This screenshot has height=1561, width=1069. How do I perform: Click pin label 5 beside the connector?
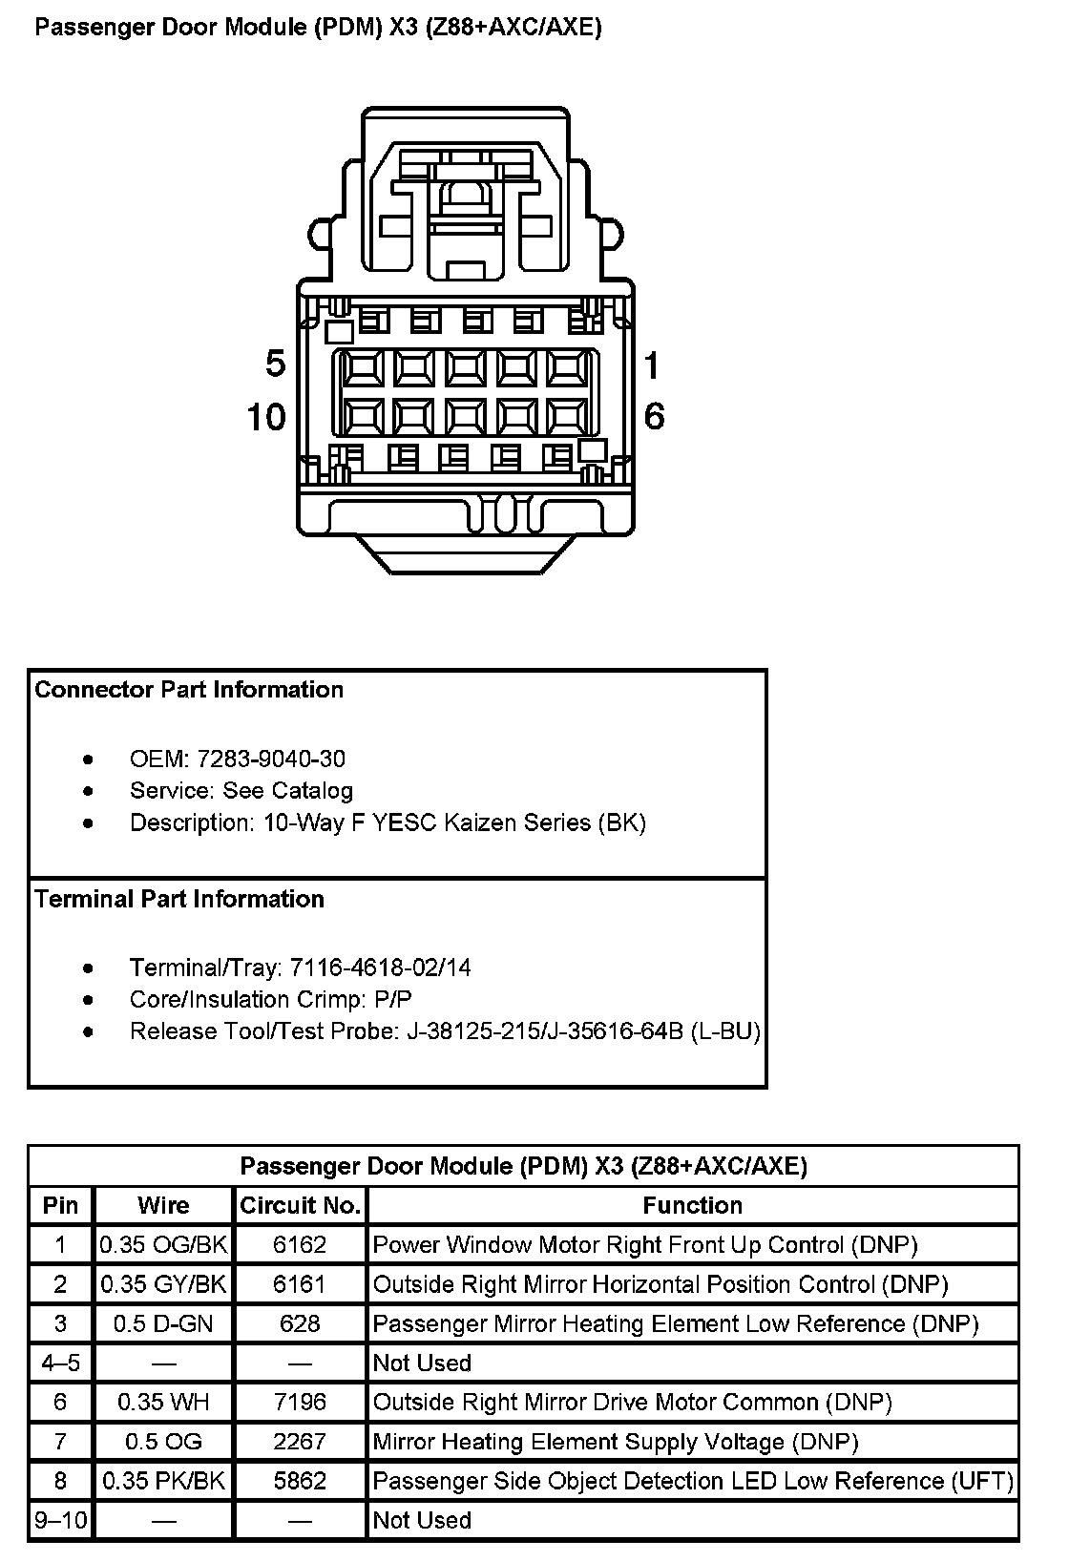(276, 364)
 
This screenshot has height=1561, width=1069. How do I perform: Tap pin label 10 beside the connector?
(266, 417)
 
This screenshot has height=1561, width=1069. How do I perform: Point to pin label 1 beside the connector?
(653, 364)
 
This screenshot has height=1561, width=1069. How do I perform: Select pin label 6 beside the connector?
(654, 416)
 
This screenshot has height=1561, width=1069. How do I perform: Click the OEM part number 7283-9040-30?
(271, 759)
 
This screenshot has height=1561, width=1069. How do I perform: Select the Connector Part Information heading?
(189, 690)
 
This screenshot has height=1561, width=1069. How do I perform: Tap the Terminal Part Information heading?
(179, 899)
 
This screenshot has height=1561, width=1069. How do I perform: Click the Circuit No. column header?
(300, 1205)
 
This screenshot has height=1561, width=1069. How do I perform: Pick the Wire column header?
(163, 1205)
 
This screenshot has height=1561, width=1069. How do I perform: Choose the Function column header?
(692, 1205)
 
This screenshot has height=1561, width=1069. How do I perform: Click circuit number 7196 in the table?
(300, 1402)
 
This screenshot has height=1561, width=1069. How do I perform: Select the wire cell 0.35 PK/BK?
(164, 1481)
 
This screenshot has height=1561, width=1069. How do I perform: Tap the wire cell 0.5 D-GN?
(163, 1323)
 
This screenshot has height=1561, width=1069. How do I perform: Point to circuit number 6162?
(300, 1244)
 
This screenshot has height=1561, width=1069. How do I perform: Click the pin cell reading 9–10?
(60, 1520)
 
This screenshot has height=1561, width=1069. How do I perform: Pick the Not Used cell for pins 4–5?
(422, 1363)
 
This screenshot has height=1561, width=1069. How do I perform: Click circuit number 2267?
(300, 1441)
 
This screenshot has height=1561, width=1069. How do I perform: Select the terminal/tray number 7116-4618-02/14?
(379, 968)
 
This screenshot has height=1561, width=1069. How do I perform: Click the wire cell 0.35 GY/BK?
(164, 1284)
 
